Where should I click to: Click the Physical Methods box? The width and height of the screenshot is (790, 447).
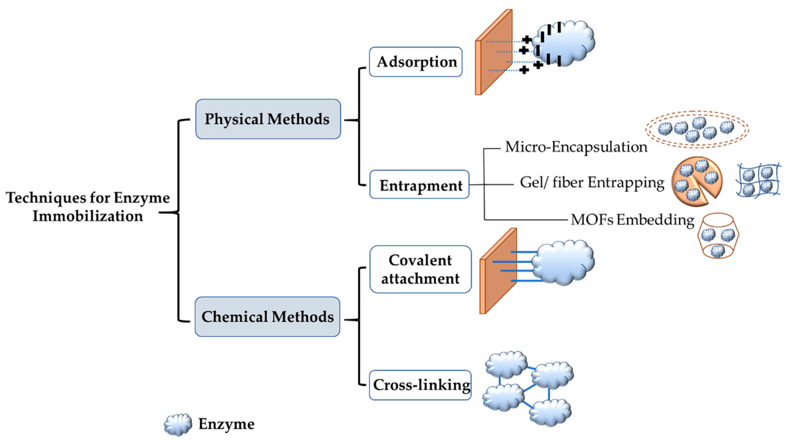coord(268,119)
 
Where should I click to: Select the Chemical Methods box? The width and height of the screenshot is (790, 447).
coord(267,317)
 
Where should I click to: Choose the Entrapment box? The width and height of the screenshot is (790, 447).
coord(419,185)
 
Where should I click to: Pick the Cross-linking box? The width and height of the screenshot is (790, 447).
coord(420,385)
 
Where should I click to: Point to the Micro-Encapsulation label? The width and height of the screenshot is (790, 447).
coord(576,147)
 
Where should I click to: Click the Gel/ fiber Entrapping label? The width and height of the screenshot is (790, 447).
coord(592,182)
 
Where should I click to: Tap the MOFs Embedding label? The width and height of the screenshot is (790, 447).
coord(632,220)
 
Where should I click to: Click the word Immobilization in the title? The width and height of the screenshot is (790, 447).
coord(88,216)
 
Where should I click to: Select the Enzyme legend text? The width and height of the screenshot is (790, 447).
coord(226,424)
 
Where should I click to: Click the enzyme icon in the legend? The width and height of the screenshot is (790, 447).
coord(178,424)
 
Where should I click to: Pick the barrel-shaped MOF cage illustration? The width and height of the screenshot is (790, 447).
coord(718,236)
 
